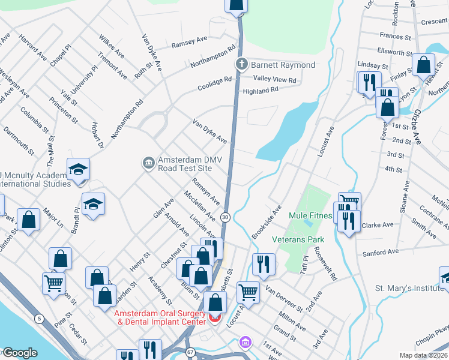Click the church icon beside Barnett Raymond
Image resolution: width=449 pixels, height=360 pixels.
(x=241, y=64)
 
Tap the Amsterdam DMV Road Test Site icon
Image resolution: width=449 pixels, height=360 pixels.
(x=148, y=163)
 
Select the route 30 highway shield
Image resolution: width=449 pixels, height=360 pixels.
(x=225, y=217)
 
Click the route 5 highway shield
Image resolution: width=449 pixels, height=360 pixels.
(x=39, y=319)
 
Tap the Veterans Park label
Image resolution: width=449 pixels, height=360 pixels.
(x=298, y=239)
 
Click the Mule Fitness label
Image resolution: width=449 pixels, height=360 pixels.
(x=310, y=215)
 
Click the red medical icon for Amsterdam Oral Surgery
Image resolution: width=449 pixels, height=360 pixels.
(x=215, y=318)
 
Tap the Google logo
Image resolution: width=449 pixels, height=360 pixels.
(x=19, y=353)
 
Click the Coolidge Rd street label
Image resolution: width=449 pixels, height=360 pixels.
(x=215, y=83)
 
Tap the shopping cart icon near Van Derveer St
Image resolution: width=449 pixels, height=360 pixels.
(x=248, y=293)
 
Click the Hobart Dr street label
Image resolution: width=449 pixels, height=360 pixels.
(x=97, y=136)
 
